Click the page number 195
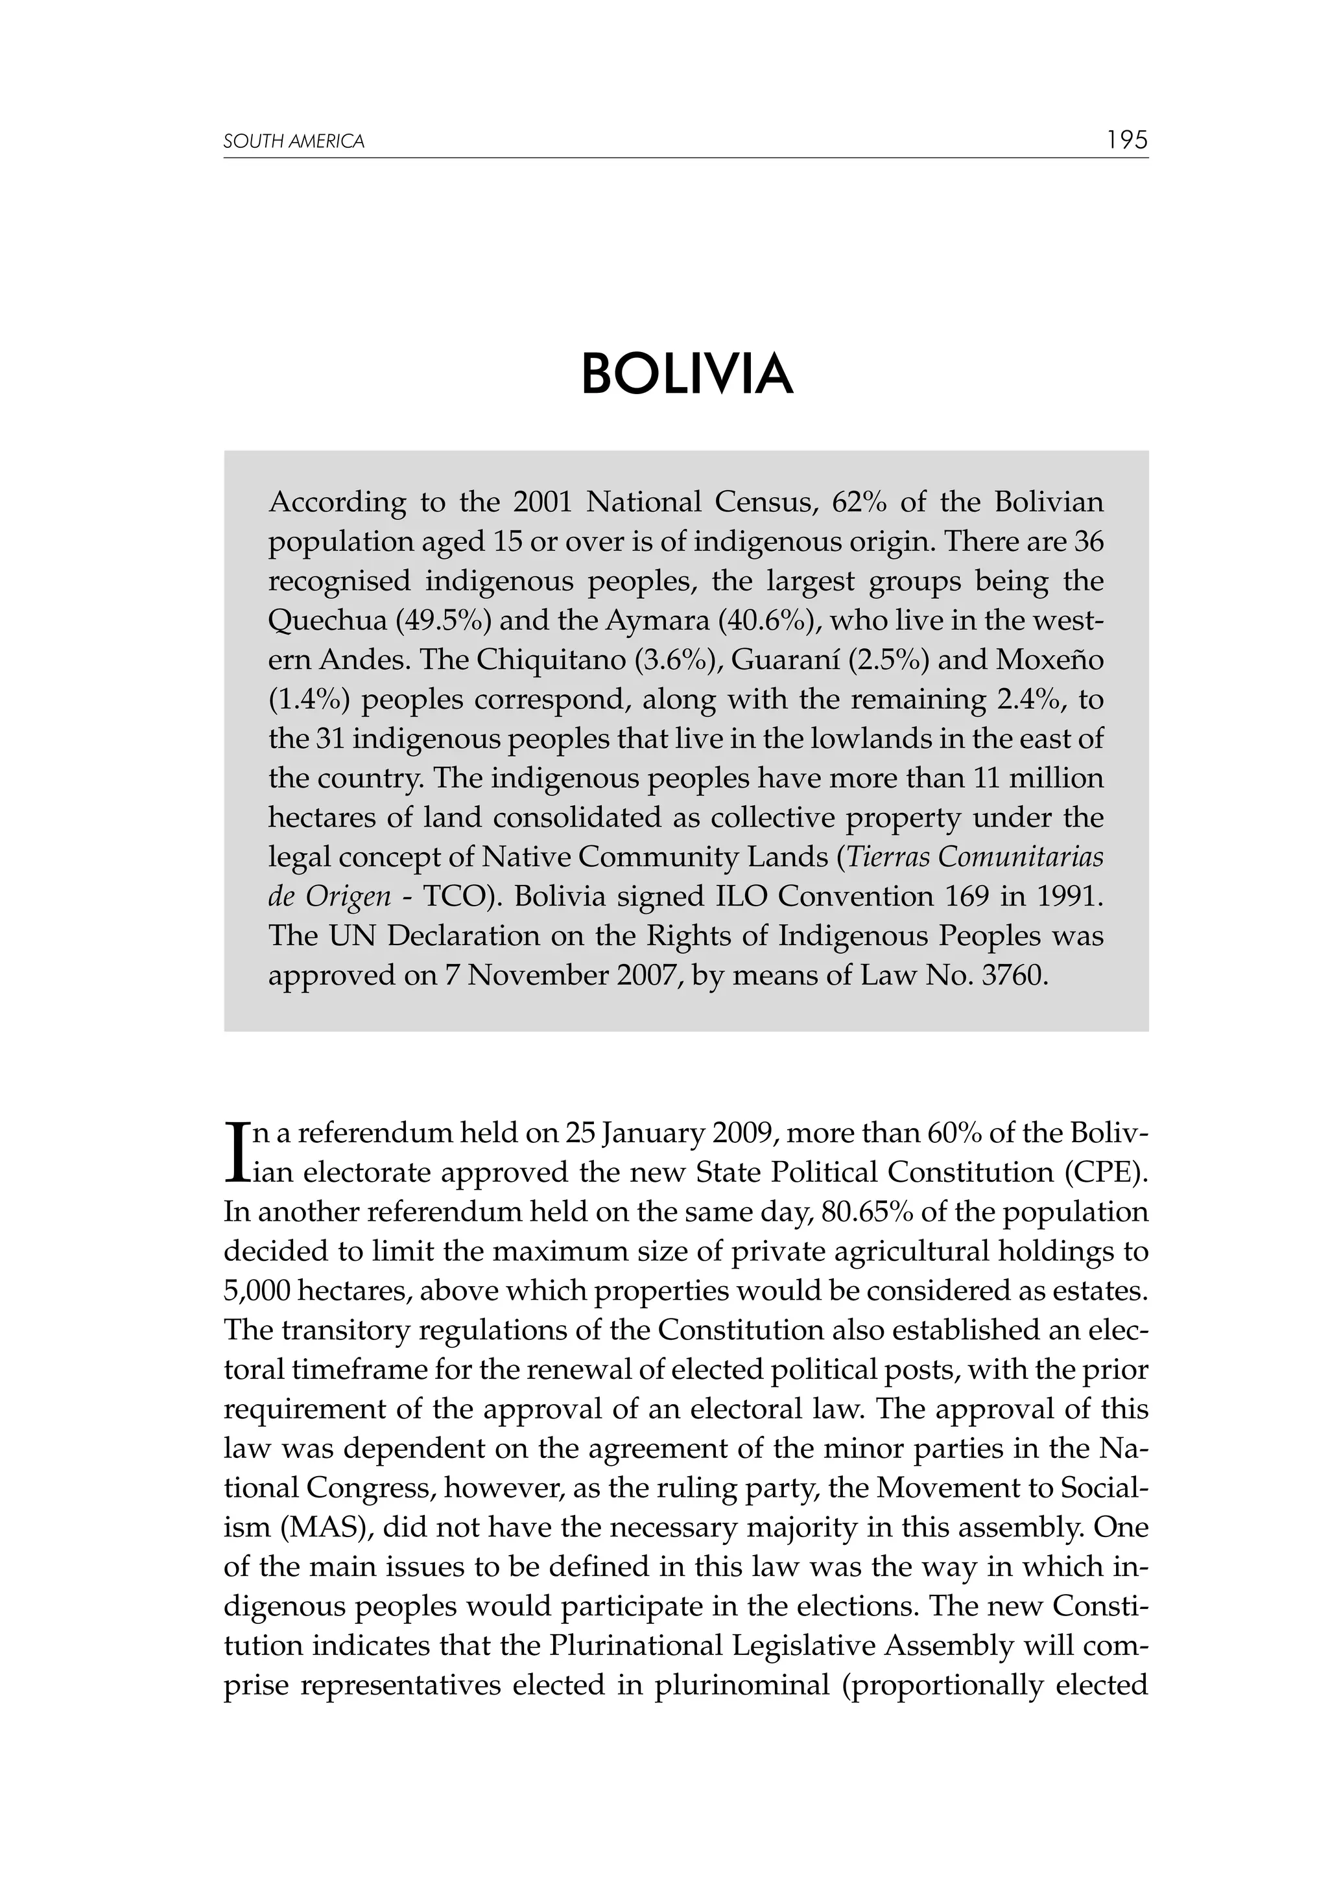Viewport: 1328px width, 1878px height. tap(1127, 140)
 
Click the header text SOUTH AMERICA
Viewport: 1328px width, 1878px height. tap(294, 141)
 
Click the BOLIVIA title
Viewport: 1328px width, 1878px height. tap(687, 375)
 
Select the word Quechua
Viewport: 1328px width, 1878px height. tap(326, 621)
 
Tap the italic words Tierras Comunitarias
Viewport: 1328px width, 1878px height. tap(974, 857)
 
